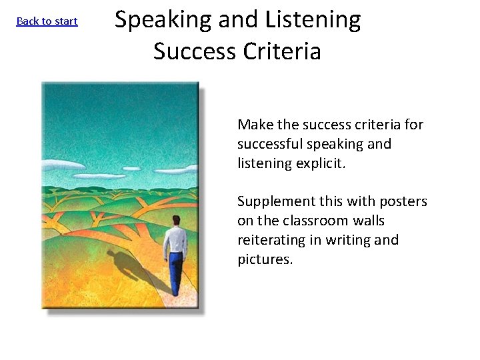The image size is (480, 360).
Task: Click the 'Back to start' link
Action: (47, 21)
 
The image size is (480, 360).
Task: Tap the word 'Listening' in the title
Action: (313, 21)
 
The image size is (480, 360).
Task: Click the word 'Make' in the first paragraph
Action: (251, 125)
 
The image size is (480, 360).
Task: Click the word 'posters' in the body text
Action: (404, 201)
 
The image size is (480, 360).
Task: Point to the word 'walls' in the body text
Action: (370, 221)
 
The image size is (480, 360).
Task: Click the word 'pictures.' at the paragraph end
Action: (265, 259)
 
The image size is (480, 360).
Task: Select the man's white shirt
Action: (175, 238)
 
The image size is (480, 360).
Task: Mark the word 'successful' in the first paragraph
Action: (269, 144)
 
